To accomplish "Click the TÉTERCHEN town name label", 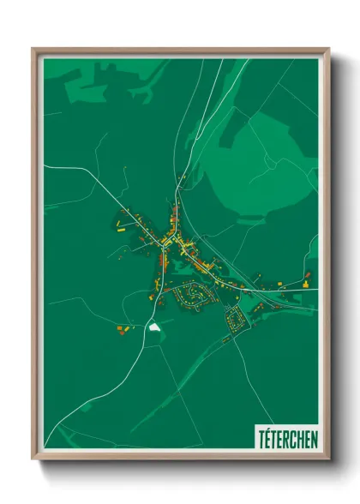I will point(286,438).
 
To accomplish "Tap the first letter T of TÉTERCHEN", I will point(261,438).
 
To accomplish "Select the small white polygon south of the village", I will point(154,327).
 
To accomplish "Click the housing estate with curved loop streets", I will point(193,296).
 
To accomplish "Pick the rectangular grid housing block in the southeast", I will point(237,320).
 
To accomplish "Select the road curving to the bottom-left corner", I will point(86,411).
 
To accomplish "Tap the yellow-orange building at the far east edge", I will point(306,278).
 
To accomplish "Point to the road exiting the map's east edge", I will point(309,292).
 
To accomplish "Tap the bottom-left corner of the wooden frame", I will point(35,458).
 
